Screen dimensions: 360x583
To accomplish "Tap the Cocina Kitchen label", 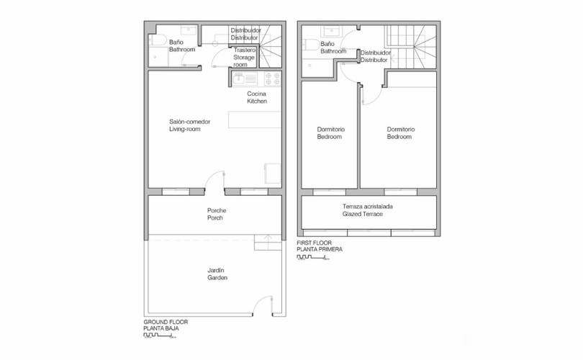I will (x=257, y=98).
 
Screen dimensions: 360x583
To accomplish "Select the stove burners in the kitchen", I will (x=272, y=78).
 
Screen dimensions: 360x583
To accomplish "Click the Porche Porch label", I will (x=217, y=214).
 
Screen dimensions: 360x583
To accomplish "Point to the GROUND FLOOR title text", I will (x=166, y=323).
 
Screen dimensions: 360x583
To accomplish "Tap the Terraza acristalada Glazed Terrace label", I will (x=367, y=210).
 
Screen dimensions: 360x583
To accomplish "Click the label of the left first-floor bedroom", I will (x=330, y=133).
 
